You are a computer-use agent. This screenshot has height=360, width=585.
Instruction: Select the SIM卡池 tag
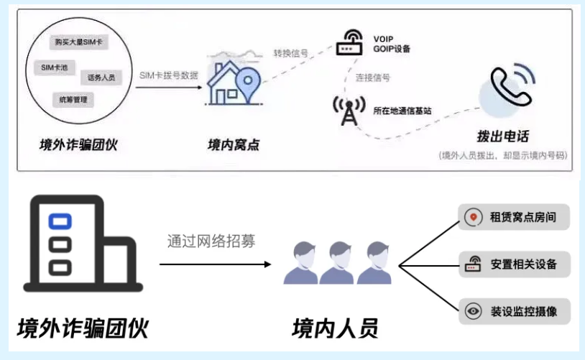click(x=55, y=67)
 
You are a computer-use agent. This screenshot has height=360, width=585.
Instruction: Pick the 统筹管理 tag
click(x=73, y=99)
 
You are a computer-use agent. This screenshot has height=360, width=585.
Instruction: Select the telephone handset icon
click(x=510, y=87)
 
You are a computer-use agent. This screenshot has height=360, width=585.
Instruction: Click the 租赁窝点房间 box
click(x=514, y=216)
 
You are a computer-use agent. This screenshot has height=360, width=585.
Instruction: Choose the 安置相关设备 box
click(x=514, y=264)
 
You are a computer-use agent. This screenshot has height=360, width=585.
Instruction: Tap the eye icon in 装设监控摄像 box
click(x=474, y=311)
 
